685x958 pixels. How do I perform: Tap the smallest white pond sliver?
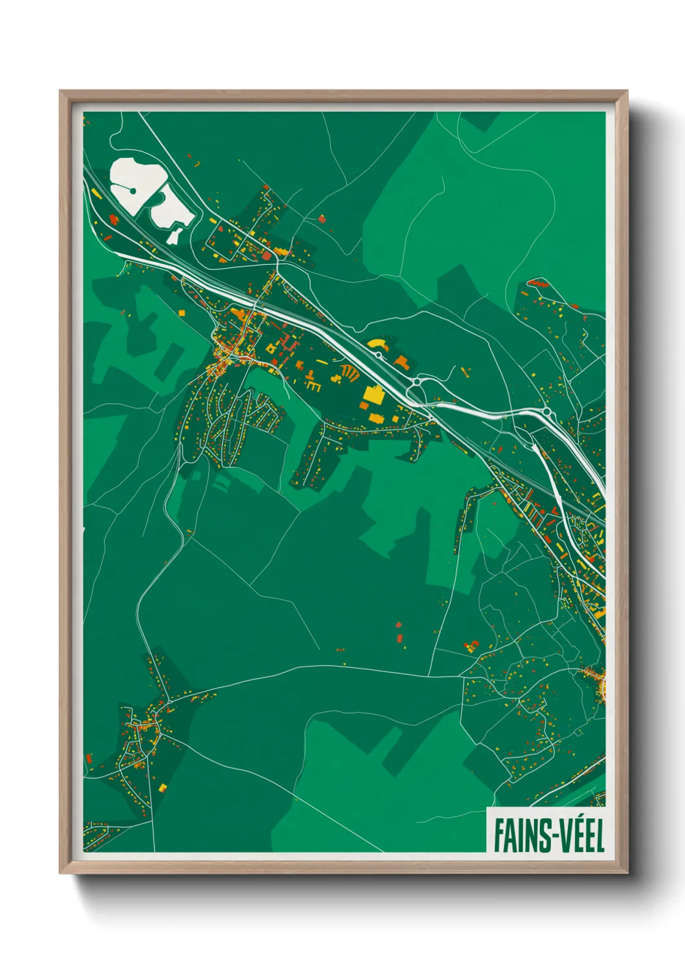(x=174, y=234)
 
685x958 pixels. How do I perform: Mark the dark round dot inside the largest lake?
(x=133, y=190)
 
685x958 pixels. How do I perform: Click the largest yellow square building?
(x=373, y=394)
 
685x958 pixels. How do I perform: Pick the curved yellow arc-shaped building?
(x=376, y=344)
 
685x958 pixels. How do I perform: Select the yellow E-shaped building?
(x=313, y=386)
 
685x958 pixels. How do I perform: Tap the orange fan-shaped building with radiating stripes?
(x=349, y=371)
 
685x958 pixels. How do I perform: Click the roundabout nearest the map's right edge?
(x=548, y=412)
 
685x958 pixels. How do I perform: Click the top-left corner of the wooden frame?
(x=60, y=91)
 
